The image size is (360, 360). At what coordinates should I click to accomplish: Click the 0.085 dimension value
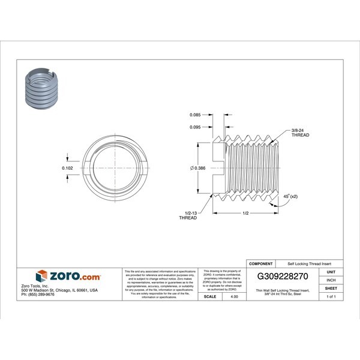[195, 114]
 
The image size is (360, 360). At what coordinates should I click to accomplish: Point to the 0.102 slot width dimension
[68, 169]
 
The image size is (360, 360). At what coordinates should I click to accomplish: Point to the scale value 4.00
[227, 296]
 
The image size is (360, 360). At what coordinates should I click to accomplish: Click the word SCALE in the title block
[209, 296]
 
